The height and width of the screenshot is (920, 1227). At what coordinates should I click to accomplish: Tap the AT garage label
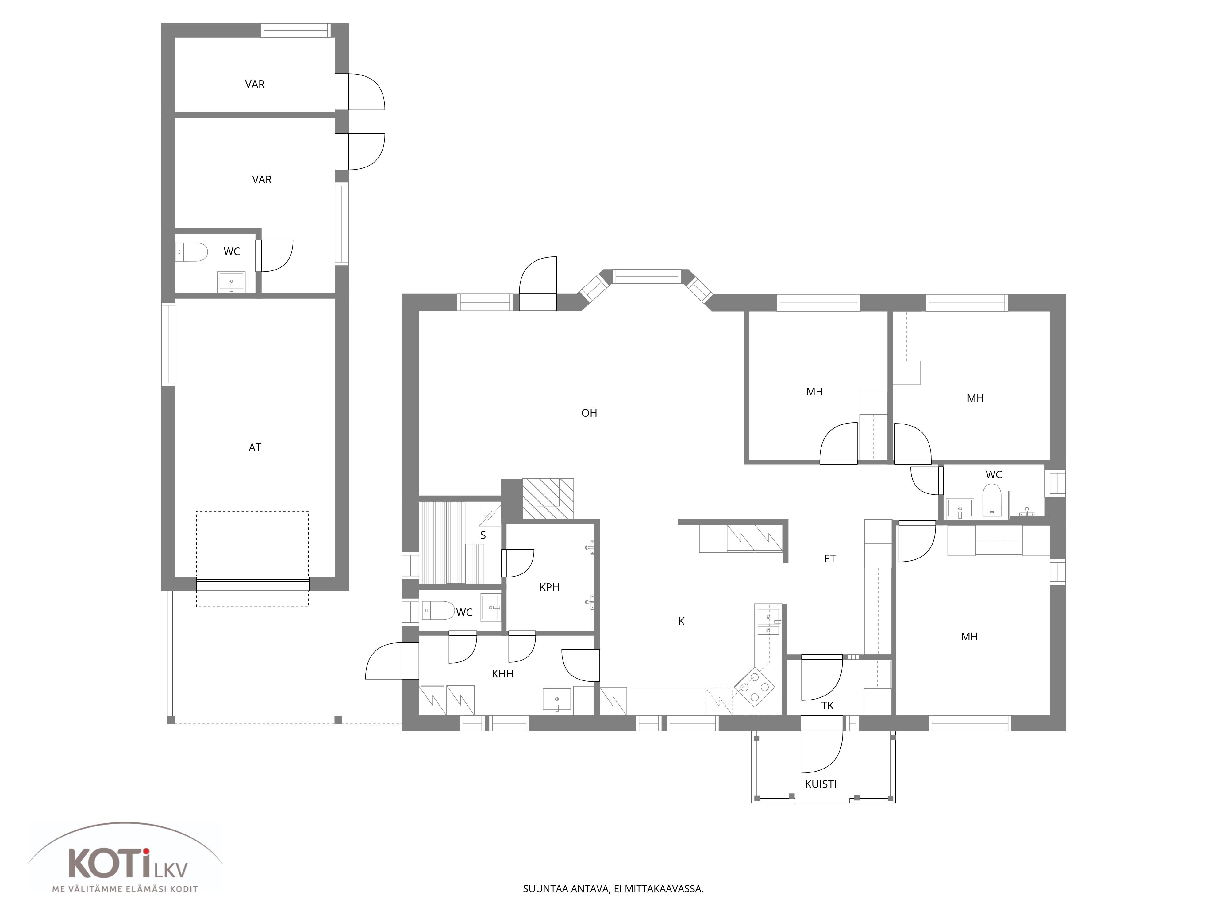(255, 447)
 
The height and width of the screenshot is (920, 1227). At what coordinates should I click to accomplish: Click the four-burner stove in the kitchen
(755, 688)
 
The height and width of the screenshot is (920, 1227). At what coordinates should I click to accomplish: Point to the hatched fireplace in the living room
(548, 499)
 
